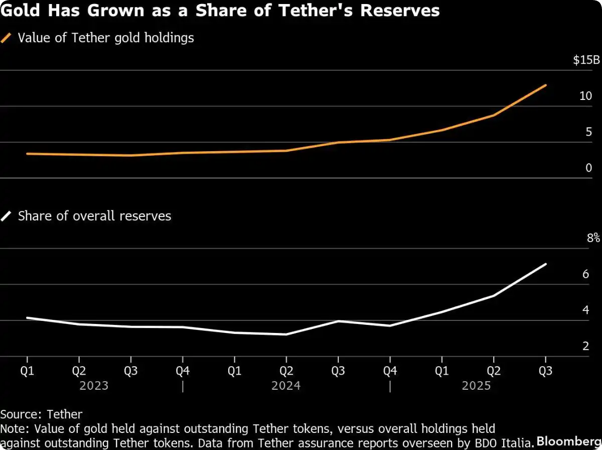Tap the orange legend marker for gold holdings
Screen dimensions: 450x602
click(x=6, y=38)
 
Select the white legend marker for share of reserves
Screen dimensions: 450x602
click(x=6, y=216)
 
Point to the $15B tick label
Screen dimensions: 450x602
click(x=586, y=60)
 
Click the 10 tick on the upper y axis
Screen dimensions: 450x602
click(x=586, y=96)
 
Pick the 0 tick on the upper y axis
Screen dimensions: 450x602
click(x=589, y=168)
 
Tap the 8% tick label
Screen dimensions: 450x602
click(x=593, y=238)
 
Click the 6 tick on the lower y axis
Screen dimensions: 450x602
click(x=585, y=274)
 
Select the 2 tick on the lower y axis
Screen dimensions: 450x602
click(x=585, y=346)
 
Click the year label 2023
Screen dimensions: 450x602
click(x=94, y=386)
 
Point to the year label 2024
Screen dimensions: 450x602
click(x=286, y=386)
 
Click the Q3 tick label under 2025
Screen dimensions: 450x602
click(x=545, y=371)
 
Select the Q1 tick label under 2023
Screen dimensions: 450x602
click(x=27, y=371)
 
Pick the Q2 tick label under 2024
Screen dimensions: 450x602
click(x=286, y=371)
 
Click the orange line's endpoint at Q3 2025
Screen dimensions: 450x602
click(x=546, y=85)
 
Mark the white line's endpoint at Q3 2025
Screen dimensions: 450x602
click(x=546, y=264)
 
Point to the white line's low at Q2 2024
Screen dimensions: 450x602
click(x=286, y=334)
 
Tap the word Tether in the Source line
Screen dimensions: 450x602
click(x=64, y=414)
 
